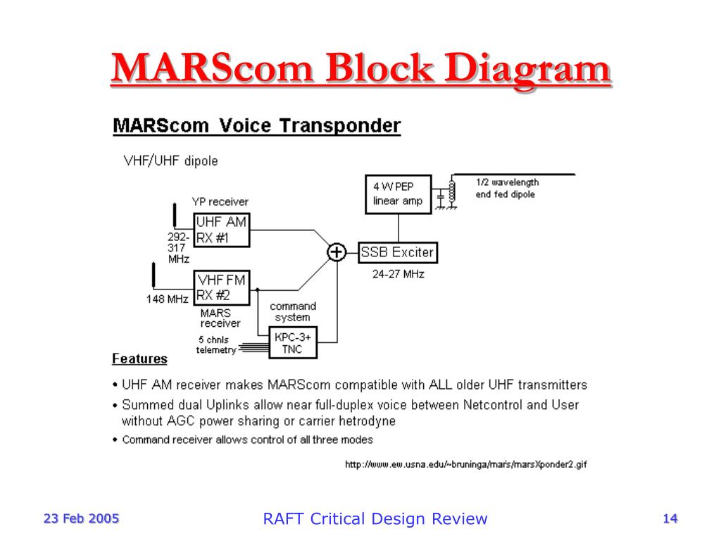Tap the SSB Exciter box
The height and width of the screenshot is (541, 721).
pos(398,252)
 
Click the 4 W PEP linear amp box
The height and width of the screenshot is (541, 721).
pos(399,194)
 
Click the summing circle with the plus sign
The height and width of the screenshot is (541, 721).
pos(337,252)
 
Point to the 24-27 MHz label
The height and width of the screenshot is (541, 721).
pos(398,274)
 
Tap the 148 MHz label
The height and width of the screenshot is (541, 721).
pos(167,299)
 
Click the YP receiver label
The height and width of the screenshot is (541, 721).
pos(220,202)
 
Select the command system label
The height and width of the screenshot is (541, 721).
pos(293,311)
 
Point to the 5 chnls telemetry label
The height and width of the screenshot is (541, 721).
pos(215,344)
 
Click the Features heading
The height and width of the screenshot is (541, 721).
pos(139,359)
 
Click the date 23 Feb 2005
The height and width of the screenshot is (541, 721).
pos(82,519)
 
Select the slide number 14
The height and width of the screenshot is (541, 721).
pos(670,519)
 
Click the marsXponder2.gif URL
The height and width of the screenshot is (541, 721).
pos(465,464)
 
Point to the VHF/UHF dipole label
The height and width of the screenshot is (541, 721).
pos(171,161)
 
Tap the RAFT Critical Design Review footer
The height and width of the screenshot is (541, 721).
pos(375,519)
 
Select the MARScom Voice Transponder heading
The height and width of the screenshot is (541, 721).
pos(256,127)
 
